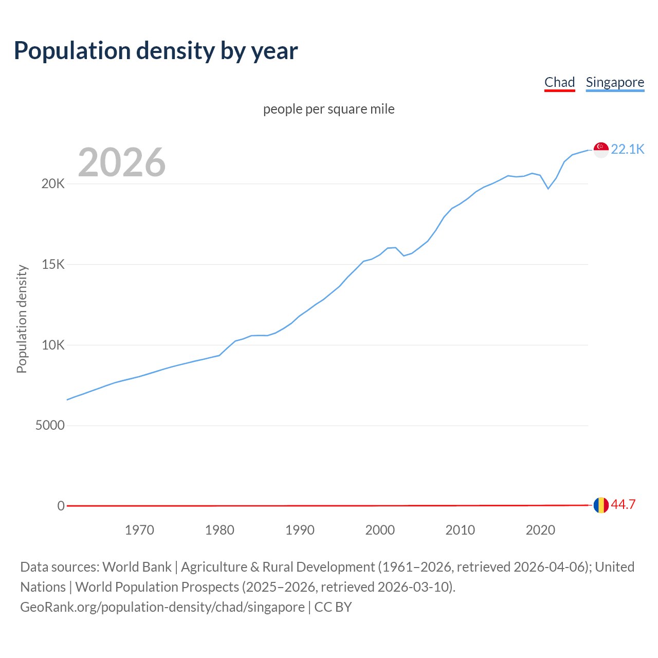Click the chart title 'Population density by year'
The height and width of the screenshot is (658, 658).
tap(156, 50)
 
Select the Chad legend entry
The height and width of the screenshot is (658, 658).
tap(559, 82)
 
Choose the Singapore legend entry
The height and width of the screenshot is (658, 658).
tap(615, 82)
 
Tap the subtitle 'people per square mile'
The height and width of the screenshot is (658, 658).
tap(329, 109)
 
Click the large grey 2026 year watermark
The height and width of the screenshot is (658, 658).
tap(122, 162)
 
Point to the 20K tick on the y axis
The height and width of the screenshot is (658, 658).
tap(53, 184)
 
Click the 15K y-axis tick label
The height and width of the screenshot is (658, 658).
tap(53, 264)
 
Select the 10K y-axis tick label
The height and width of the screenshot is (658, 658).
tap(53, 345)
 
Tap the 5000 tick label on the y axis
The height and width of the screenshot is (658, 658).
tap(50, 425)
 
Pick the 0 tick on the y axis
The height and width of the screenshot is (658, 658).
tap(61, 506)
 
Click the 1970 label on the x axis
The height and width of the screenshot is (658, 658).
tap(139, 530)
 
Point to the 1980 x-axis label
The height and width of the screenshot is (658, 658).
tap(220, 530)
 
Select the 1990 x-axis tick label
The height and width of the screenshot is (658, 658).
tap(300, 530)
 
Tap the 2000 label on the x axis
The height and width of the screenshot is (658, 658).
tap(380, 530)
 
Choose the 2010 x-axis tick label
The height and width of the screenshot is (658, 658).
tap(460, 530)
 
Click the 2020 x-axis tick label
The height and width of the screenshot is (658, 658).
tap(540, 530)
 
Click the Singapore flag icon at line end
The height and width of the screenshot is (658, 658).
tap(601, 150)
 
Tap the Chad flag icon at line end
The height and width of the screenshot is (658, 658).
tap(601, 505)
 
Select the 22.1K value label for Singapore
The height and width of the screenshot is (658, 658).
tap(627, 149)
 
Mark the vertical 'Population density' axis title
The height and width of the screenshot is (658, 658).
tap(22, 319)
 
